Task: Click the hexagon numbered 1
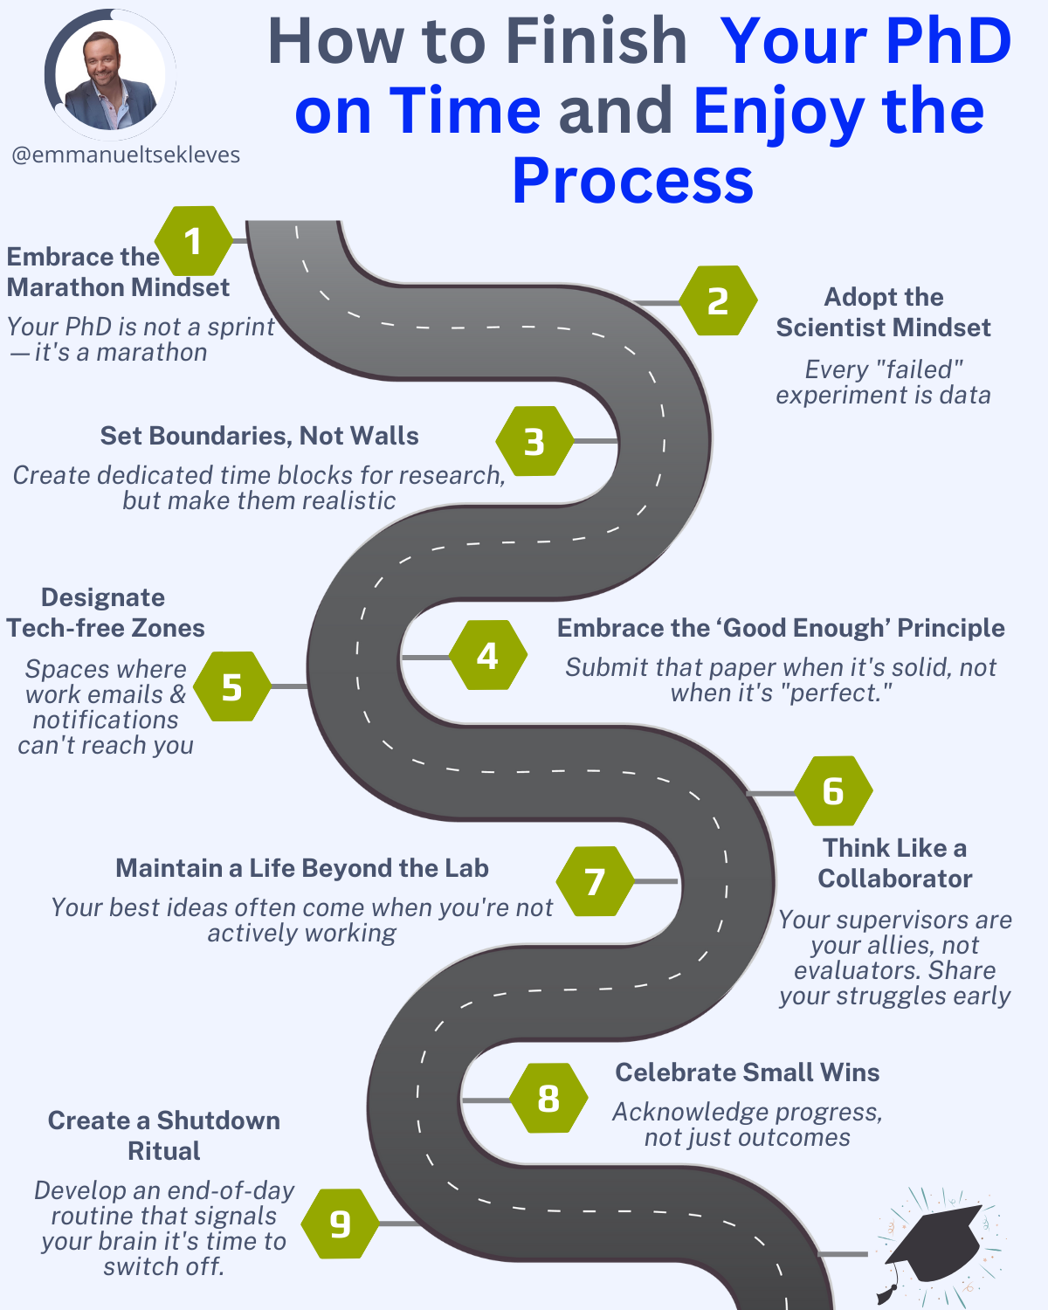point(194,240)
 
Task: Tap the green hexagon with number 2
point(719,300)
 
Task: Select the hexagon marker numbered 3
point(534,441)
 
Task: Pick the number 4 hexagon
point(488,655)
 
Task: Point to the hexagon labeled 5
point(232,686)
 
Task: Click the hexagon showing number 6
point(834,790)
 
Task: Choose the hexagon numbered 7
point(595,881)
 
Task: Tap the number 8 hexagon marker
point(548,1098)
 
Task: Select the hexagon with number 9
point(341,1224)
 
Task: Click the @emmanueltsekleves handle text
point(126,155)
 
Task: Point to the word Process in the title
point(632,180)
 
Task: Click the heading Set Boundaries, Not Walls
point(259,436)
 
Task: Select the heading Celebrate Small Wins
point(748,1072)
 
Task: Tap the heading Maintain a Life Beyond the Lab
point(302,868)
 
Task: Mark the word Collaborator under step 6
point(894,879)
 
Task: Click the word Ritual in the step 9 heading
point(164,1151)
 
